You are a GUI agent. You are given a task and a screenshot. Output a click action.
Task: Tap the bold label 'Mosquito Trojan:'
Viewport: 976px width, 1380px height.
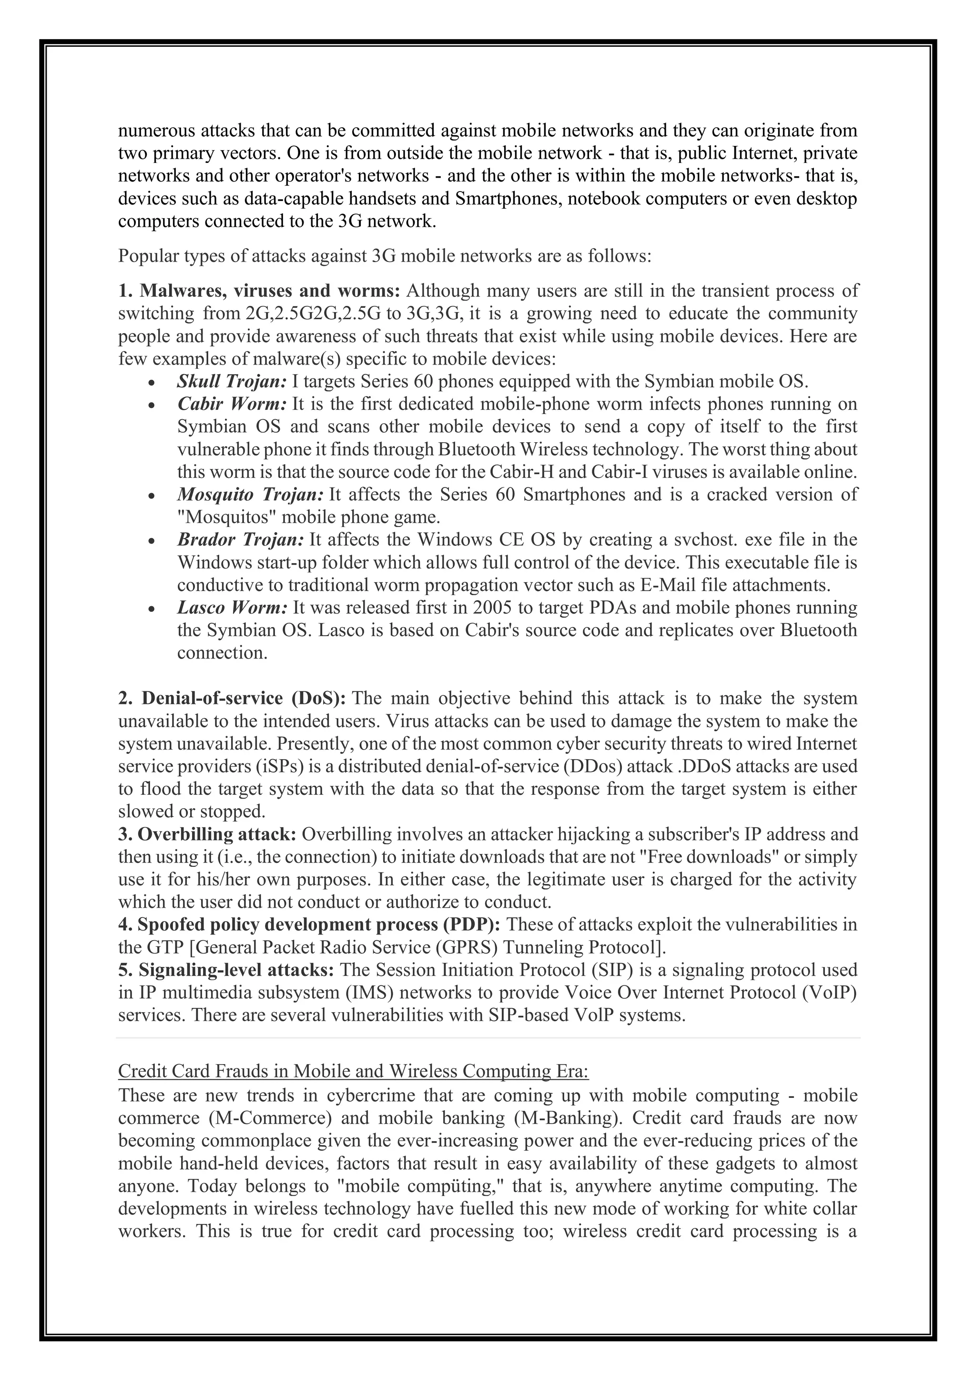(x=251, y=494)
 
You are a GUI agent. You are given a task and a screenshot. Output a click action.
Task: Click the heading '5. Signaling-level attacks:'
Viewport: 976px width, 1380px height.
(x=226, y=970)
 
